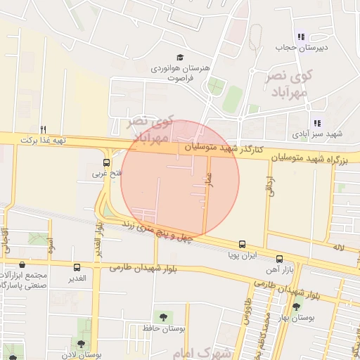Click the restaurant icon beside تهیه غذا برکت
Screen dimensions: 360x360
43,129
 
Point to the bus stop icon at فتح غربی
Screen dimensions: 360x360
106,162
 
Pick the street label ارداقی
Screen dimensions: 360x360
269,185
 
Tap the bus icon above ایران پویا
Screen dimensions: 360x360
242,245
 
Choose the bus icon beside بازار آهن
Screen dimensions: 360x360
280,259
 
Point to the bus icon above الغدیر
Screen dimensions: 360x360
77,267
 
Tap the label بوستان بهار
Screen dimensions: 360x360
316,318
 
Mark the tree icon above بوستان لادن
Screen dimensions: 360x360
81,345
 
